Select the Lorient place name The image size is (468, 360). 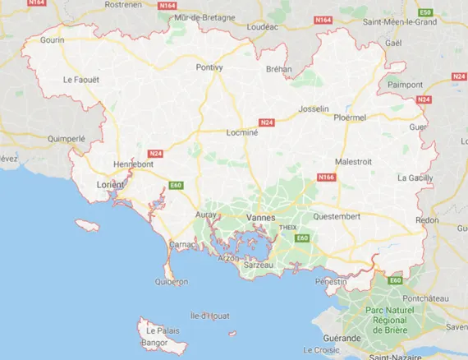coord(110,185)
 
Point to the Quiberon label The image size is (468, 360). coord(171,281)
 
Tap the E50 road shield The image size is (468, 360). coord(424,13)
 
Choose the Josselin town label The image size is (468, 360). coord(314,108)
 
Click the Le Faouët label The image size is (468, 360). coord(81,80)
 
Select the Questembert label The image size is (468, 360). coord(337,217)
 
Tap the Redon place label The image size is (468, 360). coord(427,220)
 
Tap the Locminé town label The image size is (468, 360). coord(243,132)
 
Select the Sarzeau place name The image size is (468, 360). coord(259,267)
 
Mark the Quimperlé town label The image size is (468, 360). coord(67,139)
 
